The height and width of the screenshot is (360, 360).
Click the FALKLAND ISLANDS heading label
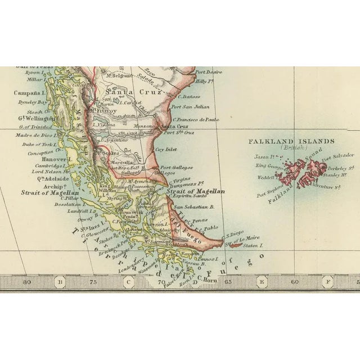tap(291, 142)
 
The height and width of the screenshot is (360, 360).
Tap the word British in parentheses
tap(292, 148)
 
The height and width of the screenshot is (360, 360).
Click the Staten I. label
tap(253, 246)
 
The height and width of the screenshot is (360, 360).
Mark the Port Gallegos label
tap(177, 167)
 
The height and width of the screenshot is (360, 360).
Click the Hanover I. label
tap(43, 159)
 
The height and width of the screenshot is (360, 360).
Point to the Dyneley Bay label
tap(30, 102)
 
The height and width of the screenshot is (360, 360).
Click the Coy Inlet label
tap(166, 149)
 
